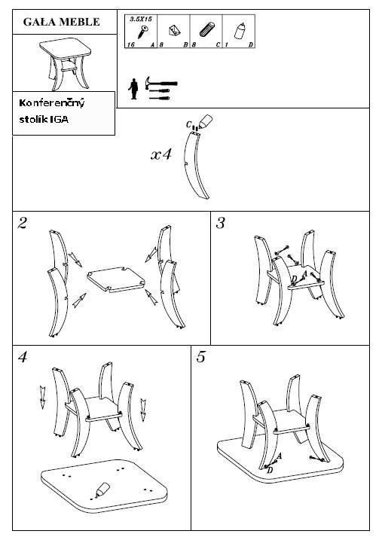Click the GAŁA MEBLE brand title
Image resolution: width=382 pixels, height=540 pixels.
(x=61, y=22)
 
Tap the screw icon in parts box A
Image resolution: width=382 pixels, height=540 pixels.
(x=142, y=32)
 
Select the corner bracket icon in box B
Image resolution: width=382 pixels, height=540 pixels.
(x=175, y=31)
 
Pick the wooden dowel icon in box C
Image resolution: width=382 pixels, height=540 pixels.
(x=207, y=29)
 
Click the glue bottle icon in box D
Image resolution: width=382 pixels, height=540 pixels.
(x=240, y=30)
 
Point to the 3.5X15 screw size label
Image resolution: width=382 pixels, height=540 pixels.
(x=141, y=20)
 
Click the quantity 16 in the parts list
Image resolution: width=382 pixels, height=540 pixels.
(x=131, y=44)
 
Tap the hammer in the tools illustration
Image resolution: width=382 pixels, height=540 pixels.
(x=160, y=83)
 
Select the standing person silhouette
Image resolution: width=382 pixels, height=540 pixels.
(x=133, y=89)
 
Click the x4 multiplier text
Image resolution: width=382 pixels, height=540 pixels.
(x=161, y=154)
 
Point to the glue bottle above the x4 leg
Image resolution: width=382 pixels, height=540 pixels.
(x=206, y=121)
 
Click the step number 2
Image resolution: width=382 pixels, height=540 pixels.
(x=22, y=223)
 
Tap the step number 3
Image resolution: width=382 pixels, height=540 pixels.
(x=220, y=223)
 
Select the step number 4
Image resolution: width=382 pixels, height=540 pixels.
(x=23, y=357)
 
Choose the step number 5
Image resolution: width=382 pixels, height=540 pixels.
(x=200, y=357)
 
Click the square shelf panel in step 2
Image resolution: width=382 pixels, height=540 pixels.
(x=116, y=279)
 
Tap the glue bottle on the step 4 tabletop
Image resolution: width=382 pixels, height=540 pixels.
(x=103, y=489)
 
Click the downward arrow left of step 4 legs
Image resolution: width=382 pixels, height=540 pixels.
(x=42, y=398)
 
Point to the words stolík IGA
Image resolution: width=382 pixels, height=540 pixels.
(x=44, y=120)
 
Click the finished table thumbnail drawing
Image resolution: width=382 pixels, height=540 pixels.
(x=66, y=63)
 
